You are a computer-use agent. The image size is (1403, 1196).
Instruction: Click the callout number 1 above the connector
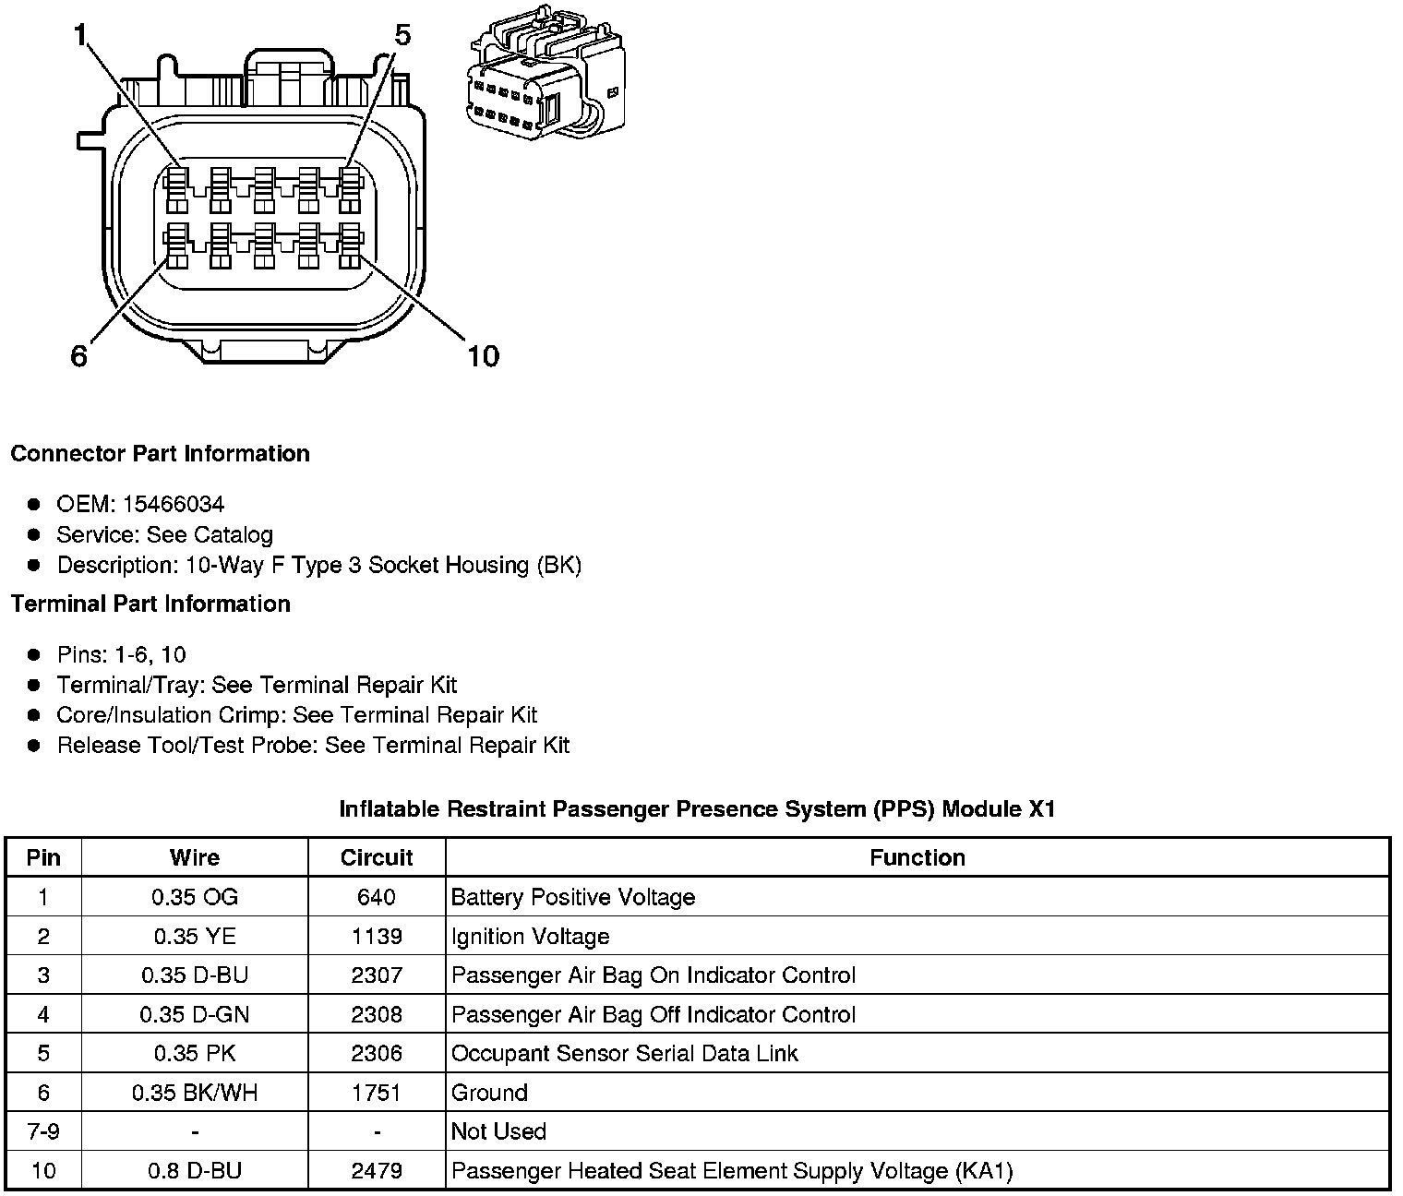tap(80, 35)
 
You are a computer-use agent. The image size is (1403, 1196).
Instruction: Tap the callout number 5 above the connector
tap(402, 35)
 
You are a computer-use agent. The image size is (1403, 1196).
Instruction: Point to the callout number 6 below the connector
tap(79, 355)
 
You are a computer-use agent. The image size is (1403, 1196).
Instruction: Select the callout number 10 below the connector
tap(483, 355)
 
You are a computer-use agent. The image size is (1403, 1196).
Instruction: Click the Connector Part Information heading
tap(160, 454)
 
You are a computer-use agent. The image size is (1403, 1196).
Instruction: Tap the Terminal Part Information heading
tap(150, 604)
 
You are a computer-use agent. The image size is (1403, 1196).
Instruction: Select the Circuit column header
tap(377, 857)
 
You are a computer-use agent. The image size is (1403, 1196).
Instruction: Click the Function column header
tap(917, 857)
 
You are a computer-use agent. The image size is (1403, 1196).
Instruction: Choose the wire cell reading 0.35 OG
tap(195, 897)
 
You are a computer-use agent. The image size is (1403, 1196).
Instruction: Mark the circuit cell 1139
tap(377, 937)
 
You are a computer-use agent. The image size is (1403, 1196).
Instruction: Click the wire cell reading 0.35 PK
tap(195, 1054)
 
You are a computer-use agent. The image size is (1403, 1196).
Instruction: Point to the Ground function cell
tap(490, 1093)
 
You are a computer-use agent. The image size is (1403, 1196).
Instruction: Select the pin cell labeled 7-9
tap(43, 1131)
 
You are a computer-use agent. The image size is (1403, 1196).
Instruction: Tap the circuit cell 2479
tap(377, 1171)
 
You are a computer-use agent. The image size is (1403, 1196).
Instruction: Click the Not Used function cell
tap(499, 1131)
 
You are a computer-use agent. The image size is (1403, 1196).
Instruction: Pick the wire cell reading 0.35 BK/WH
tap(195, 1093)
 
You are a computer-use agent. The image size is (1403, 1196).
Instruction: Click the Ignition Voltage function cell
tap(531, 937)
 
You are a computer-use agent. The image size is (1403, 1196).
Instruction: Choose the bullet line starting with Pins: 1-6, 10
tap(122, 655)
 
